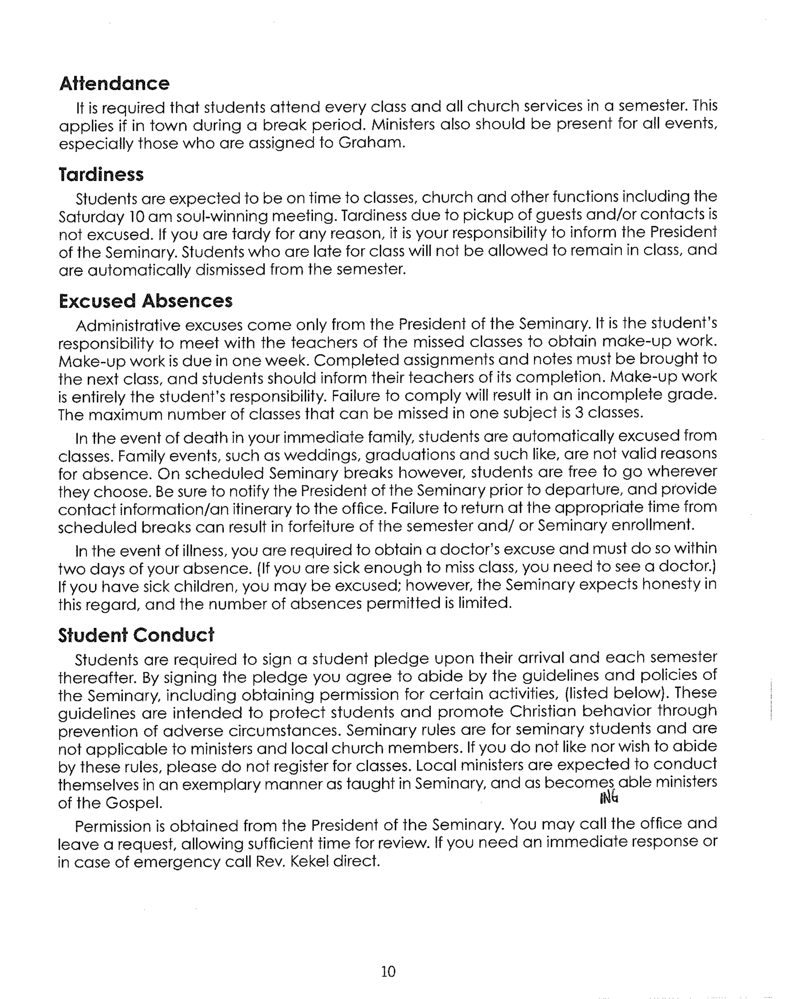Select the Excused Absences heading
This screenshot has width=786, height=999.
click(x=145, y=301)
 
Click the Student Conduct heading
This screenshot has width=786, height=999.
click(x=136, y=635)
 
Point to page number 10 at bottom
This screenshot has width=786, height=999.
click(x=388, y=971)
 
